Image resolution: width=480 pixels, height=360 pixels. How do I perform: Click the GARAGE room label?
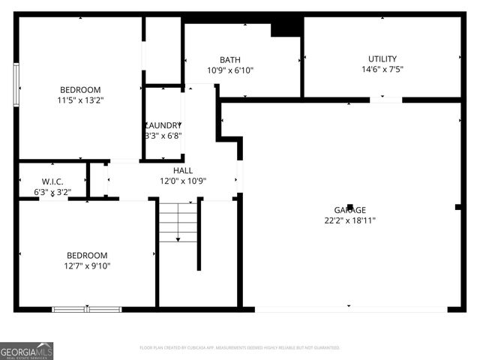350,210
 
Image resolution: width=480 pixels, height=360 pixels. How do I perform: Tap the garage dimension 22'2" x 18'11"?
350,220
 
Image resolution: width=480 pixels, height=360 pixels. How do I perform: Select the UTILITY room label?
382,59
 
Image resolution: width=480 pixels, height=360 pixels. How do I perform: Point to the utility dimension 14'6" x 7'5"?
382,70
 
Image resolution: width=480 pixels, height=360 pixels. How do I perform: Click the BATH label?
229,60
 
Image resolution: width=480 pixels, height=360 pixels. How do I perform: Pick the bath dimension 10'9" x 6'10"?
230,70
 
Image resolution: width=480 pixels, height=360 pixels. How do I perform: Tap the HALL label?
183,170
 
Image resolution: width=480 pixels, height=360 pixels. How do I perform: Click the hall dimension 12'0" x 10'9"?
183,181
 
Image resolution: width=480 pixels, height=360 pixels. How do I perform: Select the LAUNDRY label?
163,125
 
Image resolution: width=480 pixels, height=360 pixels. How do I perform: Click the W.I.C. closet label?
52,181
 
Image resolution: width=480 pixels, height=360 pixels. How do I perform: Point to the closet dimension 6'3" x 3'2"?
52,191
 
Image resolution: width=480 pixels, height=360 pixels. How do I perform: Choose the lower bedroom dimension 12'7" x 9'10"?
87,265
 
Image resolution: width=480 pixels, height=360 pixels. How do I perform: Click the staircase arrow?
178,238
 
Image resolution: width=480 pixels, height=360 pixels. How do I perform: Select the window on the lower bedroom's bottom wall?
87,309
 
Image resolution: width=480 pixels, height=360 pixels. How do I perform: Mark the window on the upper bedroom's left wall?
16,85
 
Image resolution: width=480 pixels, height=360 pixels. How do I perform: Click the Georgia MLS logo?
27,350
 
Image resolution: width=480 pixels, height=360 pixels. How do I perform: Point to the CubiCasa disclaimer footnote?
240,348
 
